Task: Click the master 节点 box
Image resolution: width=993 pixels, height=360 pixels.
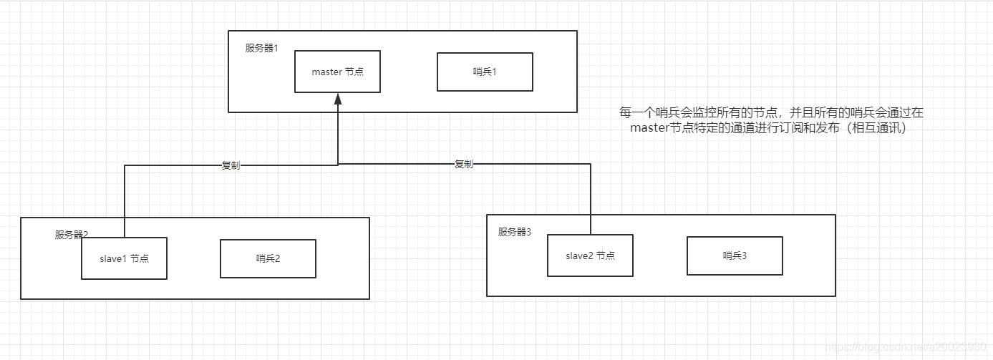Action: [x=337, y=72]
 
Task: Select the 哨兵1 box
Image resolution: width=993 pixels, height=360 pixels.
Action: [x=485, y=72]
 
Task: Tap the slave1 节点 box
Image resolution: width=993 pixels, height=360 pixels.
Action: [x=124, y=258]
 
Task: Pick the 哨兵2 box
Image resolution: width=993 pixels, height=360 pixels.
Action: [x=268, y=258]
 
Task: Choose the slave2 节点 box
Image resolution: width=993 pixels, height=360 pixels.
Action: [x=590, y=256]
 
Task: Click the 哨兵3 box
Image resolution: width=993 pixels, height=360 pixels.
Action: [x=735, y=256]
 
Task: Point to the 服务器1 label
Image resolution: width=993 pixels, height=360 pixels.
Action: [x=261, y=48]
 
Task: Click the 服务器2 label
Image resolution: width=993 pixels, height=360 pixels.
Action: [x=71, y=234]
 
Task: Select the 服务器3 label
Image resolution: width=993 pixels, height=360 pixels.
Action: [x=515, y=231]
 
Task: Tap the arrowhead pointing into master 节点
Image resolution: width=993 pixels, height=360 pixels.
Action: [x=338, y=99]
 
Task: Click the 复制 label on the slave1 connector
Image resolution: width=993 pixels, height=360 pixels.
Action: [x=231, y=165]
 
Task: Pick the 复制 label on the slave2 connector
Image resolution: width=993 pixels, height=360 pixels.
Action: [x=464, y=164]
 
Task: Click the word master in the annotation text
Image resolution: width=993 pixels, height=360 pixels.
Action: [x=649, y=128]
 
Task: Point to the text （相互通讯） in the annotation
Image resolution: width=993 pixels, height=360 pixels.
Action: [x=876, y=128]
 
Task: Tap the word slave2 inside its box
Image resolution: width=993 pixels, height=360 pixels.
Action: [x=579, y=256]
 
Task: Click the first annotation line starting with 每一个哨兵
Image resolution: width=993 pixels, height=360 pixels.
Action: [x=771, y=112]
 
